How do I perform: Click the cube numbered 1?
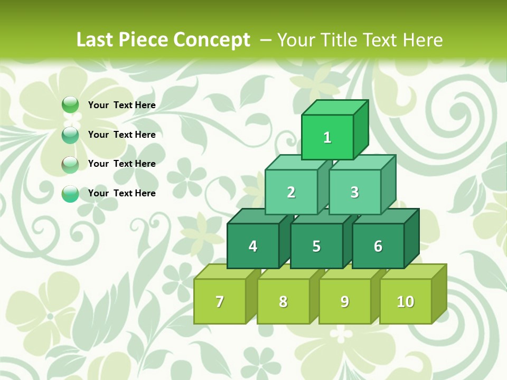tap(327, 137)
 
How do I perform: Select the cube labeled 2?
tap(291, 192)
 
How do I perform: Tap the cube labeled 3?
tap(354, 192)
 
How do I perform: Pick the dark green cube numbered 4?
tap(253, 246)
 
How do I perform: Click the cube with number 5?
tap(316, 246)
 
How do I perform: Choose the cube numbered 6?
tap(378, 246)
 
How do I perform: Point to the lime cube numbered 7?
tap(220, 301)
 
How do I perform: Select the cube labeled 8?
tap(283, 301)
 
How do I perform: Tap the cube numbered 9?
tap(345, 301)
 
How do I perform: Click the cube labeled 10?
tap(406, 301)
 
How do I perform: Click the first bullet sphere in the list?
tap(70, 105)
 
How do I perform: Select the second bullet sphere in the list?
tap(70, 135)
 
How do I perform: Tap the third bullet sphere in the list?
tap(70, 164)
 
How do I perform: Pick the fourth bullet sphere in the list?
tap(70, 194)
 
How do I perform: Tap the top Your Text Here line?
tap(122, 105)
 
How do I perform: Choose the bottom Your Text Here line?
tap(122, 193)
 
